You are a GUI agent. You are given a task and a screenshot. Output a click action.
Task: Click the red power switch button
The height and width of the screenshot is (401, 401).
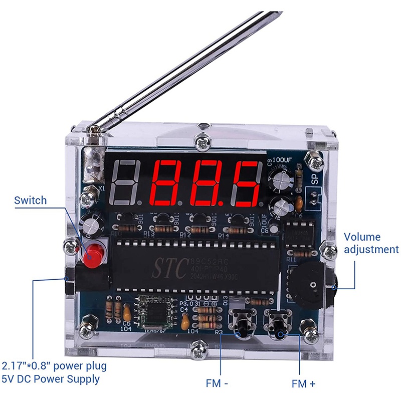click(92, 254)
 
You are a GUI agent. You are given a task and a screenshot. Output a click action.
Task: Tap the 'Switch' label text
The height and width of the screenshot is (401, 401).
click(30, 200)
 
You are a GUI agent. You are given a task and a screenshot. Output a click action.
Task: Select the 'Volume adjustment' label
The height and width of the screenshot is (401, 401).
click(371, 243)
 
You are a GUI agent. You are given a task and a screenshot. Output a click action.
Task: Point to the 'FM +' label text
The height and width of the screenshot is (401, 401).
click(304, 383)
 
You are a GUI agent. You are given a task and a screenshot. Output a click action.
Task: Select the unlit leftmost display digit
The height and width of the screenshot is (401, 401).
click(126, 184)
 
